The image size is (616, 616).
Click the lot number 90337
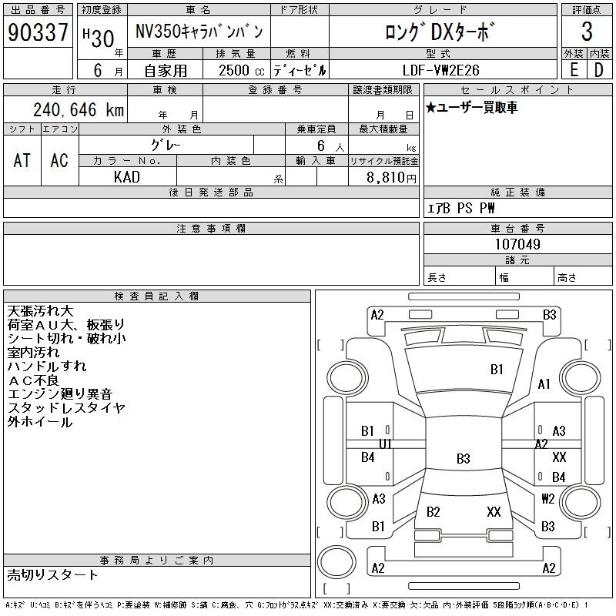tap(38, 32)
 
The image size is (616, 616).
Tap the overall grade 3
tap(587, 32)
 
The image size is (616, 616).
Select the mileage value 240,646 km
tap(79, 109)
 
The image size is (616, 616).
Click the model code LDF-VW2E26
tap(440, 70)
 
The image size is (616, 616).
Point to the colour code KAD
tap(127, 177)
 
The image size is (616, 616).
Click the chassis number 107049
tap(517, 244)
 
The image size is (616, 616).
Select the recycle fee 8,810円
tap(391, 178)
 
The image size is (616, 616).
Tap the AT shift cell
tap(22, 160)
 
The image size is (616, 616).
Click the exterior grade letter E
tap(574, 70)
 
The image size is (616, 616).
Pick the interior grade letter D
tap(599, 70)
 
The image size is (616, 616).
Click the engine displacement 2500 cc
tap(241, 71)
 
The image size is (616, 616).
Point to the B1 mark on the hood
tap(497, 370)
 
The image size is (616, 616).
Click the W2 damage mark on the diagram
tap(548, 498)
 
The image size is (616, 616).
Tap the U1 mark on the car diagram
tap(386, 444)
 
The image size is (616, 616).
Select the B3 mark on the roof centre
tap(464, 458)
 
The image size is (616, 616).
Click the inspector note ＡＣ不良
tap(33, 380)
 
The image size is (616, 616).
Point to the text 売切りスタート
tap(52, 575)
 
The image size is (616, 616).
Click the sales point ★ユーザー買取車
tap(471, 107)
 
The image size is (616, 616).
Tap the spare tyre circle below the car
tap(336, 562)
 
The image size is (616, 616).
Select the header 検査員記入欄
tap(157, 296)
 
